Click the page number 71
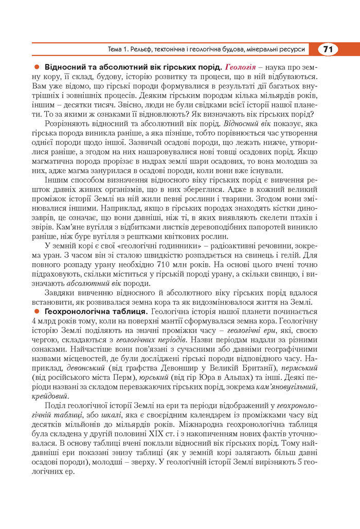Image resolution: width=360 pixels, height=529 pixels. [x=328, y=49]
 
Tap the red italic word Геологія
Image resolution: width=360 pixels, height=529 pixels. [x=241, y=68]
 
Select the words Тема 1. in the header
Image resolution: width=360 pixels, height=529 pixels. [x=120, y=50]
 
